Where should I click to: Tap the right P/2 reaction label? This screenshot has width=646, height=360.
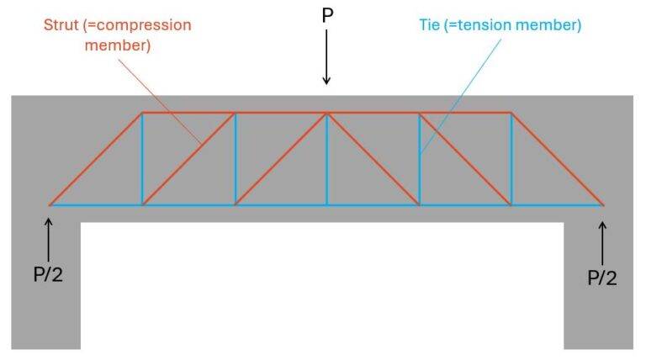[x=601, y=277]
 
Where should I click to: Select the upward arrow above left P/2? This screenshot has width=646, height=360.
[x=49, y=239]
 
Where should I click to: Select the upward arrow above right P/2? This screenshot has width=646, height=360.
[x=602, y=241]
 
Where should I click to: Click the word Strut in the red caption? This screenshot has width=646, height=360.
[x=63, y=24]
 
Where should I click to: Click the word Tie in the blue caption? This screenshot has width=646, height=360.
[x=430, y=24]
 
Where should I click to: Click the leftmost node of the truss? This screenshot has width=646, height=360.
[x=50, y=204]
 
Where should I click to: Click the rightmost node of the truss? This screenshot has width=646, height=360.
[x=603, y=204]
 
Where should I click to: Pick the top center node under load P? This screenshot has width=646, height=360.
[x=327, y=113]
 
